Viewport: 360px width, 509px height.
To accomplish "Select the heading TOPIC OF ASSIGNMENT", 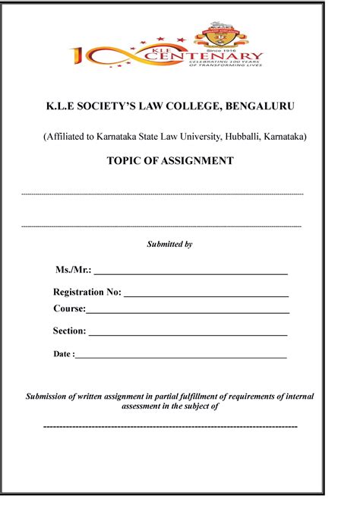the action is pyautogui.click(x=179, y=161).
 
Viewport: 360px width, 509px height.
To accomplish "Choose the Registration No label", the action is pyautogui.click(x=87, y=292).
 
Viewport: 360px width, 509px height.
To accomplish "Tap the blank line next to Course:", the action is pyautogui.click(x=188, y=310).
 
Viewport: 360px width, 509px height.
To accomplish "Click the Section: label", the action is pyautogui.click(x=69, y=330).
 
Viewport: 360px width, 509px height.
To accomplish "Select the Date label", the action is pyautogui.click(x=63, y=354).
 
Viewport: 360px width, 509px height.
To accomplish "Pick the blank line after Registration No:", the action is pyautogui.click(x=206, y=293).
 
